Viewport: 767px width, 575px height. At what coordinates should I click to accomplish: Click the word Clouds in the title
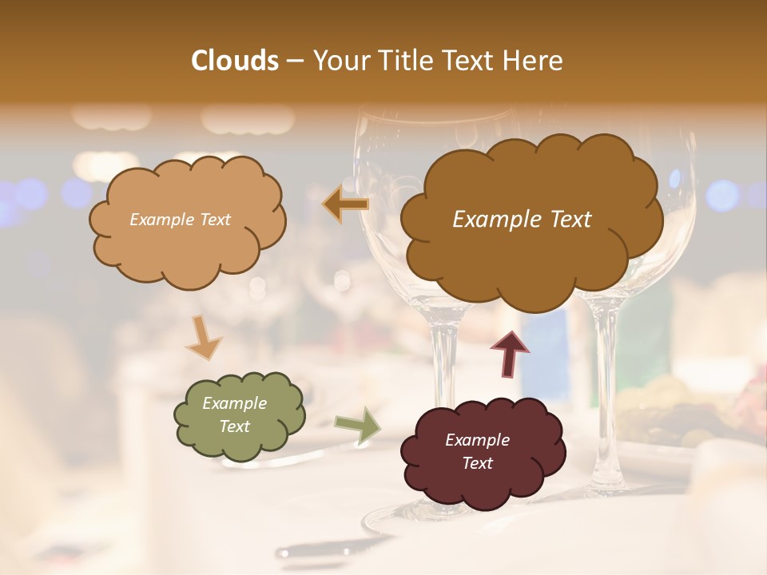[234, 61]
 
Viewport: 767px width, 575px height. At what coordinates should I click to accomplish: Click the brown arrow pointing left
[345, 205]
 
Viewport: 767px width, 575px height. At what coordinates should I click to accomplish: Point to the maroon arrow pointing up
[510, 354]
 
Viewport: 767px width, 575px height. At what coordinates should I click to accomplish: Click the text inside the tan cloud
[180, 220]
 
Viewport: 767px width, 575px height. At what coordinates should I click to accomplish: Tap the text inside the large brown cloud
[522, 220]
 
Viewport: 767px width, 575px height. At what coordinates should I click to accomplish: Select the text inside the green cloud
[234, 415]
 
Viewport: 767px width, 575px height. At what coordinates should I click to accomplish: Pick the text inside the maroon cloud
[477, 451]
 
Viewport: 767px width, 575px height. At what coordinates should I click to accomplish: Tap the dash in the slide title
[294, 61]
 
